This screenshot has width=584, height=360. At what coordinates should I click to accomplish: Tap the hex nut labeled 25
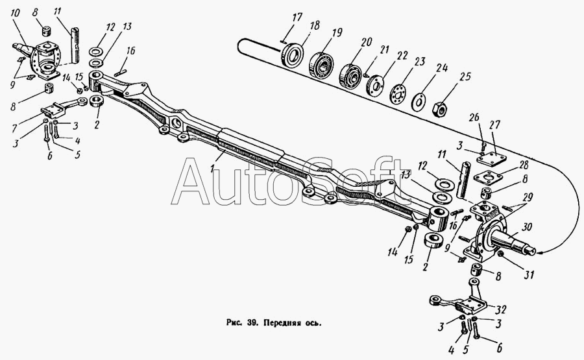click(x=439, y=108)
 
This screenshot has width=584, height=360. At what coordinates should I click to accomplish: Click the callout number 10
click(x=14, y=13)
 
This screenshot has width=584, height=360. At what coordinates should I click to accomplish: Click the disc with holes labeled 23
click(x=397, y=92)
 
